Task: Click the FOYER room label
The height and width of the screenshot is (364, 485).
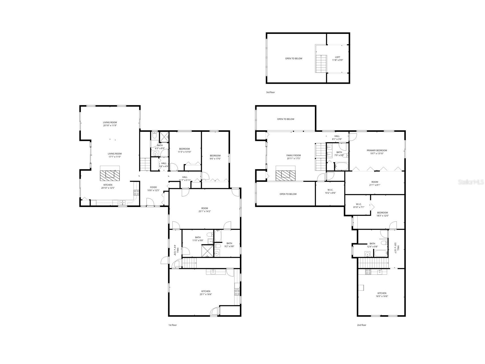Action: [x=153, y=187]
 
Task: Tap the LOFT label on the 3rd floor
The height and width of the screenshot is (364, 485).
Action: [x=337, y=57]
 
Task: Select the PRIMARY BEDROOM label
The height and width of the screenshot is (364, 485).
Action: [x=377, y=150]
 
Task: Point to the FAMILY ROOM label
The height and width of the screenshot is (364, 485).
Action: [x=293, y=155]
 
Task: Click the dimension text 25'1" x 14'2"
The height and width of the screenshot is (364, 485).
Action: [x=204, y=211]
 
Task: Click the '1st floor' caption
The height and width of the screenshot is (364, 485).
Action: [x=172, y=325]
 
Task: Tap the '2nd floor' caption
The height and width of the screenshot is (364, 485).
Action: [x=361, y=325]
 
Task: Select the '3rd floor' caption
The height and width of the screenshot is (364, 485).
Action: [x=270, y=92]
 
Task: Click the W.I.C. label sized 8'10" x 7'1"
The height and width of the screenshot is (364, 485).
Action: [x=359, y=206]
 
